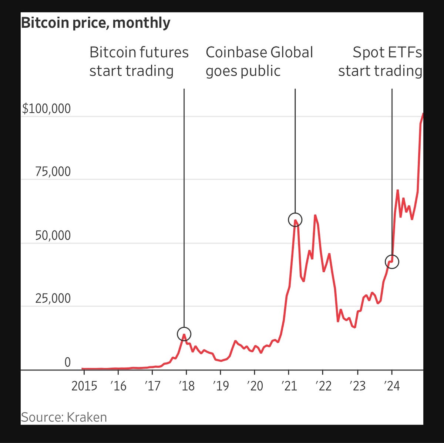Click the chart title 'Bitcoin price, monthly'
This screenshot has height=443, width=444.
click(95, 23)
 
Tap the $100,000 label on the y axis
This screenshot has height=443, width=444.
click(46, 109)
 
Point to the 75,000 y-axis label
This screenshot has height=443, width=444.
click(53, 172)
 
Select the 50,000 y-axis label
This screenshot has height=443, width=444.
click(53, 235)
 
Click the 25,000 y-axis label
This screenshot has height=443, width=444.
click(53, 298)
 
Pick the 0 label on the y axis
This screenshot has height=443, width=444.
click(67, 362)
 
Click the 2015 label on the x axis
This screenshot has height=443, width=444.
click(84, 386)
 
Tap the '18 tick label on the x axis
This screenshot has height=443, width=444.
click(186, 386)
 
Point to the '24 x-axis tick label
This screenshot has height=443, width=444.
click(391, 386)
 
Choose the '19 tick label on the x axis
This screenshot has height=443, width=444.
click(221, 386)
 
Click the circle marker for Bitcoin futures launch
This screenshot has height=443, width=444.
click(184, 334)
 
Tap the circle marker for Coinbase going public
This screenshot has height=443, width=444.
click(295, 220)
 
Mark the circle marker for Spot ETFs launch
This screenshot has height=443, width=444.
click(392, 262)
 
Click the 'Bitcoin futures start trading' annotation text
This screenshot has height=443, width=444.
click(139, 62)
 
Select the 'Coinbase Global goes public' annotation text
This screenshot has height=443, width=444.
click(259, 62)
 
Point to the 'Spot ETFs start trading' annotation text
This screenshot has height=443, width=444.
click(380, 62)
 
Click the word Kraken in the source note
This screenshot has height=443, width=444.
click(87, 417)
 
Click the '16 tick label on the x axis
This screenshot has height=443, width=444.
click(118, 386)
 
